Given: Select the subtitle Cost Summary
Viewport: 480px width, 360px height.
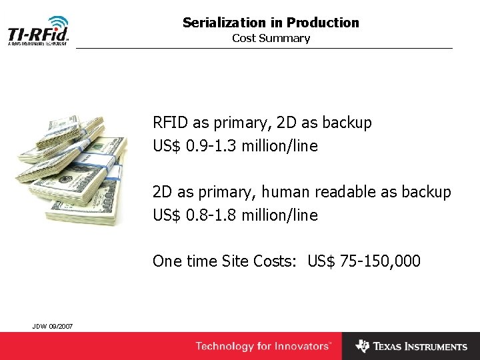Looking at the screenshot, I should pyautogui.click(x=271, y=38).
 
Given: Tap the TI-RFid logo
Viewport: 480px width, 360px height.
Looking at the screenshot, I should pyautogui.click(x=38, y=34).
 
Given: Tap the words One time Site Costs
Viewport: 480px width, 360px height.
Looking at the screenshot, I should pyautogui.click(x=225, y=261).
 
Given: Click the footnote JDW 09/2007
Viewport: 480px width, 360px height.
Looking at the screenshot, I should pyautogui.click(x=53, y=325).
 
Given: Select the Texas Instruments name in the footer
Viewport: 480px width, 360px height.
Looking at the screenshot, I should pyautogui.click(x=420, y=347).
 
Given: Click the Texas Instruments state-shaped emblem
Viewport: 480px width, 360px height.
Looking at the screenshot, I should pyautogui.click(x=363, y=346).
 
